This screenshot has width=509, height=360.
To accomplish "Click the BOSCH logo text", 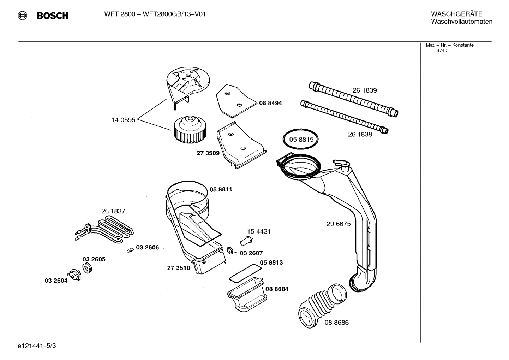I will click(52, 16).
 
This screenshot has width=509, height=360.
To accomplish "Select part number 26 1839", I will click(365, 90).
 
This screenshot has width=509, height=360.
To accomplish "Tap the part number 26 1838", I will click(360, 134).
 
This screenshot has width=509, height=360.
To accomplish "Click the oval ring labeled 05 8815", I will click(301, 140).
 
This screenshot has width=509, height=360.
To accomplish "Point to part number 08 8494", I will click(270, 103).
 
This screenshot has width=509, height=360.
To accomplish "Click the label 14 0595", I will click(123, 120).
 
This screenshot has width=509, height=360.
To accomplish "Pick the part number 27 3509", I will click(208, 153).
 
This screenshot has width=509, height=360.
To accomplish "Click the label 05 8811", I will click(221, 189).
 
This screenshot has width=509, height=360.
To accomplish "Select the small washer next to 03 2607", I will click(230, 250).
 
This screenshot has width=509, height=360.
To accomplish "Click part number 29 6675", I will click(339, 224).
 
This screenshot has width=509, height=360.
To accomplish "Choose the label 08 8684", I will click(277, 289).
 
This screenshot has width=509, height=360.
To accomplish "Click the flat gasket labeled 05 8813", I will click(245, 272).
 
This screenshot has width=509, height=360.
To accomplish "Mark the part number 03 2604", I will click(56, 281).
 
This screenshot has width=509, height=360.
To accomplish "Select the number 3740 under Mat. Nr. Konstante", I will click(442, 51).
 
